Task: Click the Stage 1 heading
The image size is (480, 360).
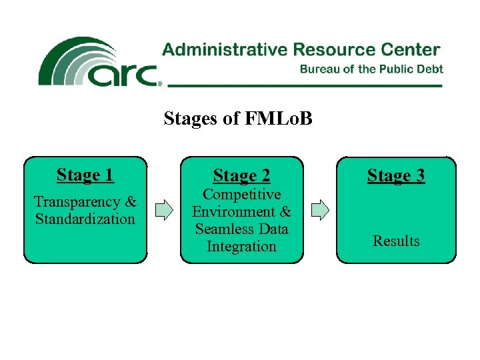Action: pyautogui.click(x=85, y=175)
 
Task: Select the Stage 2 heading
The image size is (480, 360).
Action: pyautogui.click(x=241, y=177)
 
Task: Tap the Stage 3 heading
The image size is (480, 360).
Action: pyautogui.click(x=396, y=176)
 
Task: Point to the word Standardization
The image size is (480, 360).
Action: pyautogui.click(x=85, y=219)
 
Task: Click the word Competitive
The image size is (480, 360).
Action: pyautogui.click(x=241, y=195)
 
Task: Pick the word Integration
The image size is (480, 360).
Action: pyautogui.click(x=241, y=247)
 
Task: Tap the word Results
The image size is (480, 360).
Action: pyautogui.click(x=396, y=241)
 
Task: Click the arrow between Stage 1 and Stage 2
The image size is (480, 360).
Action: pyautogui.click(x=163, y=210)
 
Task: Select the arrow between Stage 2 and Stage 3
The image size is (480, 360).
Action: pyautogui.click(x=320, y=210)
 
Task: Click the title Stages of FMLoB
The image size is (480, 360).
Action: pyautogui.click(x=238, y=119)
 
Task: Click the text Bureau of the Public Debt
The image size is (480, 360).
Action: pyautogui.click(x=371, y=69)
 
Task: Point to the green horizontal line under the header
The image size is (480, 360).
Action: pyautogui.click(x=304, y=86)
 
